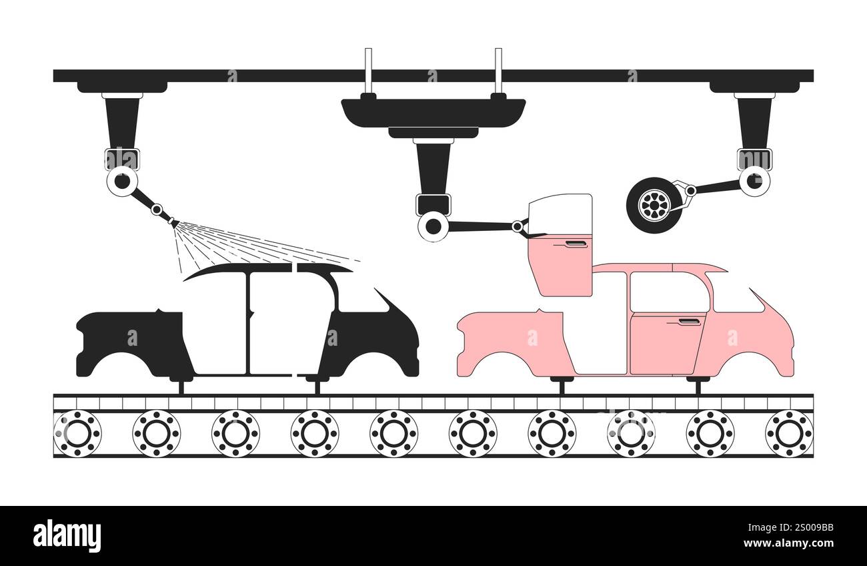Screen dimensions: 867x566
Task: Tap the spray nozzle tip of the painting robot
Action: [177, 224]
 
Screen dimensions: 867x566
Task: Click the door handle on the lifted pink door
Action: [576, 244]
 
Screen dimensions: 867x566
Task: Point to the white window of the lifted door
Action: [560, 214]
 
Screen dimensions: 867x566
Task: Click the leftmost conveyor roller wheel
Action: [77, 433]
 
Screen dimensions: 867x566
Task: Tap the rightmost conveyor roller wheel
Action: [789, 433]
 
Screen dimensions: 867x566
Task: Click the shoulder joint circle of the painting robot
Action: [122, 182]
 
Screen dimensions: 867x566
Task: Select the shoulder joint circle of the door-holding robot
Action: [433, 226]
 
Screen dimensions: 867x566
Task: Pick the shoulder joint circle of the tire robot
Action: [754, 181]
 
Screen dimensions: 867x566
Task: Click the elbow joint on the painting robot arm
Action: [157, 210]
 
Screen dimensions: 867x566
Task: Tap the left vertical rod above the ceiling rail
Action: [368, 71]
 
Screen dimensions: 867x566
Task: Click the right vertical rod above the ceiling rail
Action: [499, 71]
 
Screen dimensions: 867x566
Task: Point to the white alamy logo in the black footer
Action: [67, 536]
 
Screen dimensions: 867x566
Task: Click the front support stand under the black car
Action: [317, 384]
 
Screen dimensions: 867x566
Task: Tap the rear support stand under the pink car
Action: [562, 385]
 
